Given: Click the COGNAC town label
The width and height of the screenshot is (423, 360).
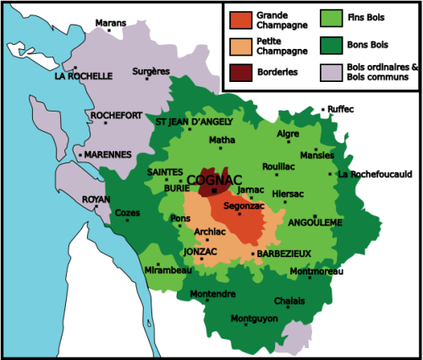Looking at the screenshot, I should coord(214,179).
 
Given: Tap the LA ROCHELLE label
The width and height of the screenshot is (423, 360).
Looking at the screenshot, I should coord(83,76).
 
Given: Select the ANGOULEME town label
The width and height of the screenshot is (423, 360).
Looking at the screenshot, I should coord(314,223).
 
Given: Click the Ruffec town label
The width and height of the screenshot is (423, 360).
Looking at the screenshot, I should coord(340,109).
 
